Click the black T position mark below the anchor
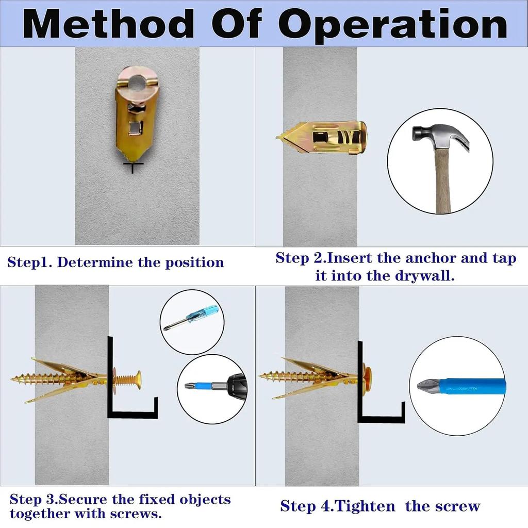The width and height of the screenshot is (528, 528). pos(134,167)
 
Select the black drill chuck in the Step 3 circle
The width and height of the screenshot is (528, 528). pos(236,384)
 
